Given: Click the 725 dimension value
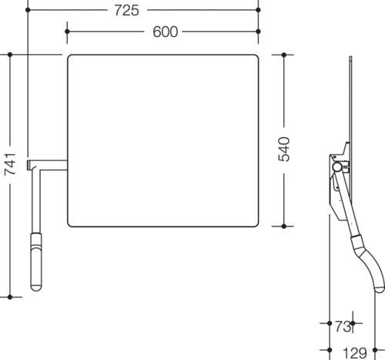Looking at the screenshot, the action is [126, 11].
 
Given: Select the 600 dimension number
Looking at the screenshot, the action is [165, 32].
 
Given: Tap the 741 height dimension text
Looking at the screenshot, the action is [10, 164].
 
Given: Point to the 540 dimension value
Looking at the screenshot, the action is [284, 150].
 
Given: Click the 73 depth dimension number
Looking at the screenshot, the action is [343, 327].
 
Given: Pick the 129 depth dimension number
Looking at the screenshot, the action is [355, 353].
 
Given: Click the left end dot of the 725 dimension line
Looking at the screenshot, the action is [28, 10].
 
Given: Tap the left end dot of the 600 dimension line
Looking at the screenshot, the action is [67, 32].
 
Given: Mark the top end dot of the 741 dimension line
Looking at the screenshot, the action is [10, 55].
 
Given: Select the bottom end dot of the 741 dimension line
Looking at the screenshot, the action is [10, 297].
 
